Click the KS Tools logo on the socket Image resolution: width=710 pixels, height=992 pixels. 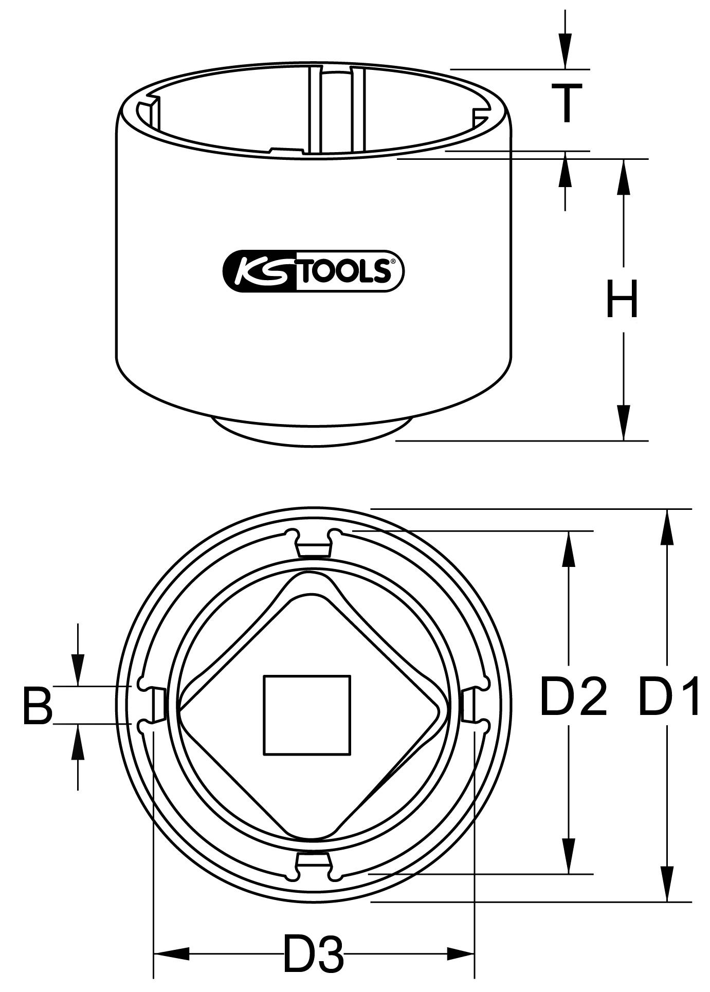(x=313, y=271)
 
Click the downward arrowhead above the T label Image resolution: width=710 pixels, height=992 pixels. (x=566, y=51)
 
